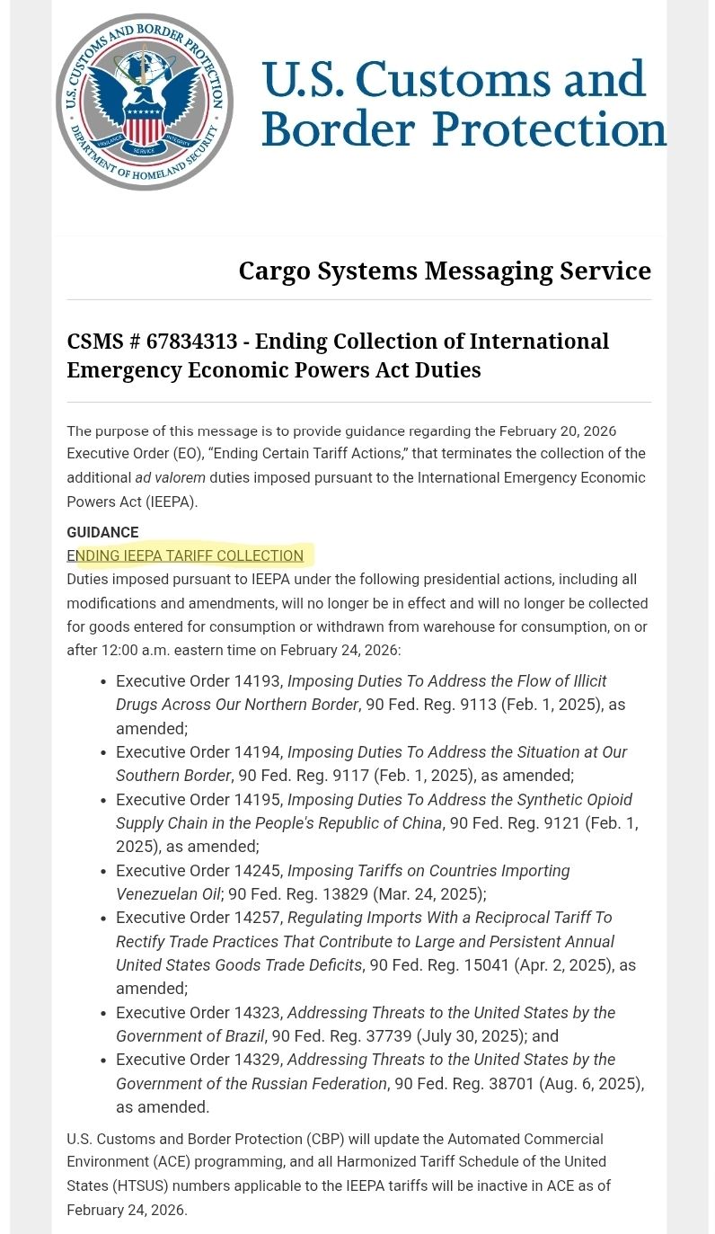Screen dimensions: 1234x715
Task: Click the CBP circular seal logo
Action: pyautogui.click(x=144, y=102)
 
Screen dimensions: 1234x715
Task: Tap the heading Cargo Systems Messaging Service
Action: pyautogui.click(x=445, y=271)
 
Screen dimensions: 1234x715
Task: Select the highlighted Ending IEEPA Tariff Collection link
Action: pyautogui.click(x=186, y=555)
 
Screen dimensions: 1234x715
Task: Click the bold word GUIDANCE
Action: pyautogui.click(x=102, y=532)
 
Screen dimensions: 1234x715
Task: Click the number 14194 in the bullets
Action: pyautogui.click(x=258, y=751)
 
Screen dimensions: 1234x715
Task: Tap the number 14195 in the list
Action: pyautogui.click(x=258, y=799)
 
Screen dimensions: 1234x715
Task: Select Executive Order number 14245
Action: pyautogui.click(x=258, y=871)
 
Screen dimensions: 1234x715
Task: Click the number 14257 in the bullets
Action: pyautogui.click(x=258, y=918)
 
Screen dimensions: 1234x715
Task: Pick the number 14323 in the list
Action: pyautogui.click(x=258, y=1013)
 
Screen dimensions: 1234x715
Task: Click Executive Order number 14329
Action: pyautogui.click(x=258, y=1060)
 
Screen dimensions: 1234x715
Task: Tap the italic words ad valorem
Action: pyautogui.click(x=170, y=477)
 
